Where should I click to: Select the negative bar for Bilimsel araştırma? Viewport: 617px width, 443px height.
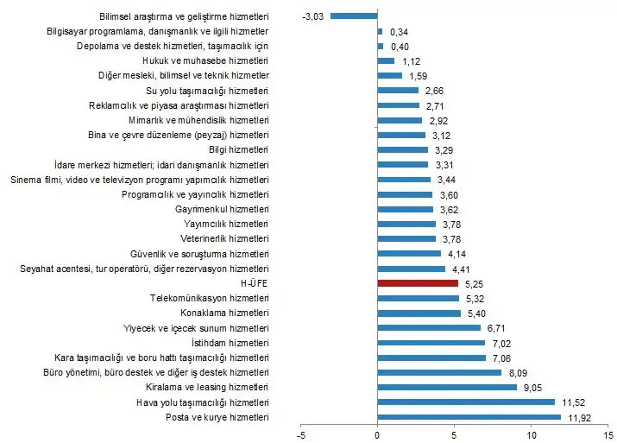(x=354, y=16)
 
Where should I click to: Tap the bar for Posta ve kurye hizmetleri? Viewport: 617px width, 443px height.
(x=469, y=417)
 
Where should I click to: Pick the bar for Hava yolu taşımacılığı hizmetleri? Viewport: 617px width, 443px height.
(x=466, y=402)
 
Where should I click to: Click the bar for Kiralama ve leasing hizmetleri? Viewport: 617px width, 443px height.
(x=447, y=387)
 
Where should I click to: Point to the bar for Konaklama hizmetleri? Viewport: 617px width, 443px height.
(x=419, y=313)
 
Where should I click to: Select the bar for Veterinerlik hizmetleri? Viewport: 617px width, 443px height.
(x=406, y=237)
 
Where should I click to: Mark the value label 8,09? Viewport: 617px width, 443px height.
(x=519, y=373)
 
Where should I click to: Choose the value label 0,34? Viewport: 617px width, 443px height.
(x=399, y=31)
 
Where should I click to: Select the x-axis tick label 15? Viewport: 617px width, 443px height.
(x=607, y=434)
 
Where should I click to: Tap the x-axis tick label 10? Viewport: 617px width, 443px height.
(x=531, y=434)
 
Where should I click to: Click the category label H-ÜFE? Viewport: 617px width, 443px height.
(x=255, y=282)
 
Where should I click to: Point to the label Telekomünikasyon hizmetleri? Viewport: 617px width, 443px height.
(x=210, y=298)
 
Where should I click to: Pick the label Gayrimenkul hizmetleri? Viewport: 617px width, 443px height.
(x=223, y=208)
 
